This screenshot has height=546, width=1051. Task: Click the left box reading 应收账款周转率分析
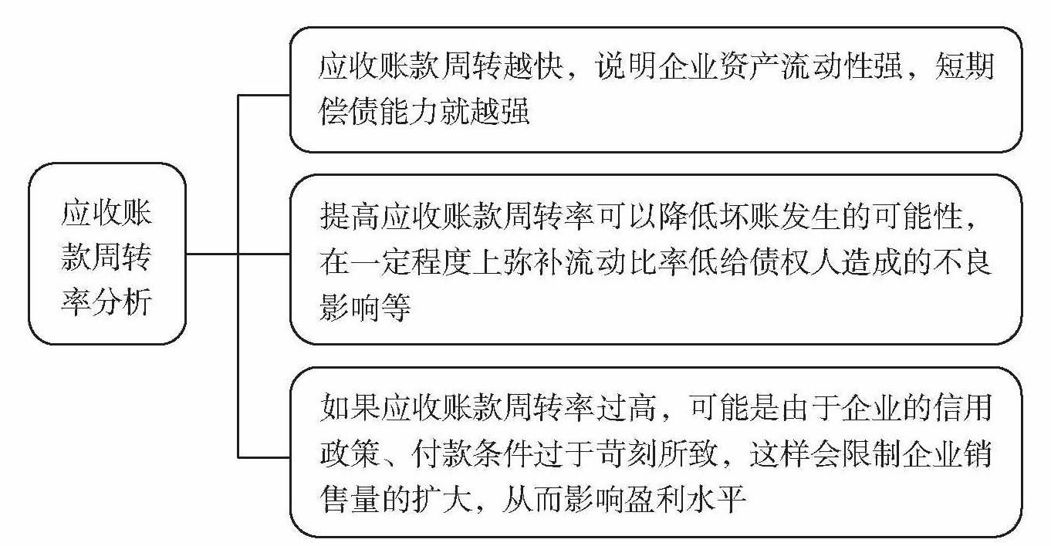[x=106, y=254]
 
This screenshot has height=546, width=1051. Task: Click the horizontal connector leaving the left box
[x=211, y=254]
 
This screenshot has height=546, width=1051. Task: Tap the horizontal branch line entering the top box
[x=263, y=95]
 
